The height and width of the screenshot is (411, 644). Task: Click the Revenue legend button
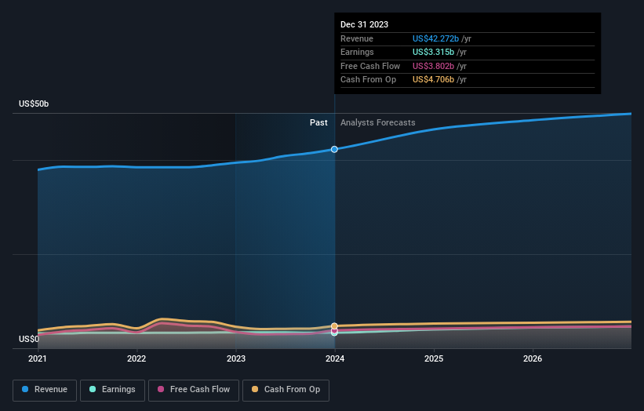(45, 390)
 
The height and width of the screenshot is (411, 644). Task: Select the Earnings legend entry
(112, 390)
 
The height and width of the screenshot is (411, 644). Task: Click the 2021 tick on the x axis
(38, 359)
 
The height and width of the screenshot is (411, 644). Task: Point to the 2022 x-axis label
(136, 359)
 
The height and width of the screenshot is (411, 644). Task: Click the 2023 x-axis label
(235, 359)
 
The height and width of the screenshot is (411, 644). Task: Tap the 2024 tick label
(335, 359)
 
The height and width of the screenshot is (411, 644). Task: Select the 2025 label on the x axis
(434, 359)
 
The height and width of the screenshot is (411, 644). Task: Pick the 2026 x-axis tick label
(533, 359)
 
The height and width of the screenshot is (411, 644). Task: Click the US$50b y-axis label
(34, 104)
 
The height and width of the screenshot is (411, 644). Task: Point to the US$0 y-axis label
(29, 340)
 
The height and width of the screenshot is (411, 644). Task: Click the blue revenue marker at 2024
(335, 149)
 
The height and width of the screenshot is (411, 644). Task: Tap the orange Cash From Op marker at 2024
(335, 326)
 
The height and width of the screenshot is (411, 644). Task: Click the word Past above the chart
(318, 122)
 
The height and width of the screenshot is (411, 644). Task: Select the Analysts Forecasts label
(377, 122)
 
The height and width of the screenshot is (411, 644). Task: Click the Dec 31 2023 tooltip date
(364, 25)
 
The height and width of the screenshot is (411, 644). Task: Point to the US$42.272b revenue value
(435, 39)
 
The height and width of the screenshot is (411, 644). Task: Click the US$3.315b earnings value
(432, 53)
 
